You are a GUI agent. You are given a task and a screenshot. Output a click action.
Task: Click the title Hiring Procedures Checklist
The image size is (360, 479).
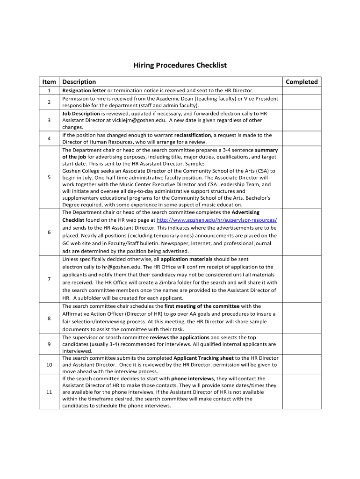click(x=180, y=65)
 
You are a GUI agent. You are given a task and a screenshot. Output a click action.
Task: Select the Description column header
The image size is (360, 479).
click(x=79, y=82)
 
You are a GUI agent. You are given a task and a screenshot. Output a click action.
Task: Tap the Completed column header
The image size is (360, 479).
click(x=302, y=82)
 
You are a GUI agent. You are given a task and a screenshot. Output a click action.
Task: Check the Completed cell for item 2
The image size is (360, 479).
click(x=302, y=102)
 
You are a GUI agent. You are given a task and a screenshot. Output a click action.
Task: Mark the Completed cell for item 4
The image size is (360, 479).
click(x=302, y=138)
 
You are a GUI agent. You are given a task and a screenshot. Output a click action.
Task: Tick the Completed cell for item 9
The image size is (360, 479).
click(x=302, y=344)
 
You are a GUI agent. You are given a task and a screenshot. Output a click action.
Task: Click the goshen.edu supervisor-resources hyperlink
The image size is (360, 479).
click(x=216, y=220)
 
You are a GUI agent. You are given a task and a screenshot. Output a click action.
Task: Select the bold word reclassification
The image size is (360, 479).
click(x=193, y=135)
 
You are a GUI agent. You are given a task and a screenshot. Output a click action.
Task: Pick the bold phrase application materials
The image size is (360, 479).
click(x=186, y=259)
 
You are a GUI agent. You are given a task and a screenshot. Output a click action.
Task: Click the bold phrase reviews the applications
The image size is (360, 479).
click(x=180, y=337)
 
